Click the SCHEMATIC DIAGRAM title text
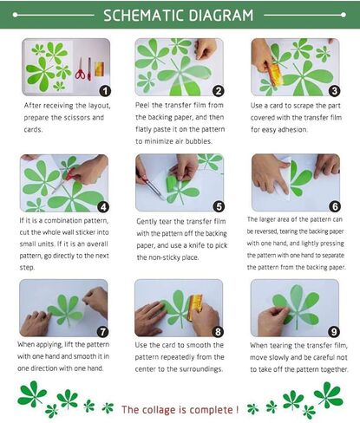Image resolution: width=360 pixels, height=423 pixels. (179, 15)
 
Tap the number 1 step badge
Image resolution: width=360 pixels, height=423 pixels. (105, 90)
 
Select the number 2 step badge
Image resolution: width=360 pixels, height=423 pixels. (219, 90)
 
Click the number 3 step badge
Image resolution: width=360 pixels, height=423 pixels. (334, 90)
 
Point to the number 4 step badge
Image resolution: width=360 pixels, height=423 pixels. (103, 206)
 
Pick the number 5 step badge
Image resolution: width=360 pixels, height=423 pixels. (219, 206)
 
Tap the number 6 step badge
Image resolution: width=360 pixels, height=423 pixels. (334, 206)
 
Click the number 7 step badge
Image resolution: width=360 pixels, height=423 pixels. (103, 330)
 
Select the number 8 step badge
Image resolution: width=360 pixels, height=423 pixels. (219, 330)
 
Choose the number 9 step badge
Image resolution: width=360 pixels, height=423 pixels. (334, 330)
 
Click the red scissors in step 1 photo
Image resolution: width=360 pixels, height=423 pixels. (81, 69)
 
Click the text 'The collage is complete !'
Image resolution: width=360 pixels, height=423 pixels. (179, 408)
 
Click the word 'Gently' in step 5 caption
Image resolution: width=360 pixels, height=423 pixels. (149, 221)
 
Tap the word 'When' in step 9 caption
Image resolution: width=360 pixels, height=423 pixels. (262, 345)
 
